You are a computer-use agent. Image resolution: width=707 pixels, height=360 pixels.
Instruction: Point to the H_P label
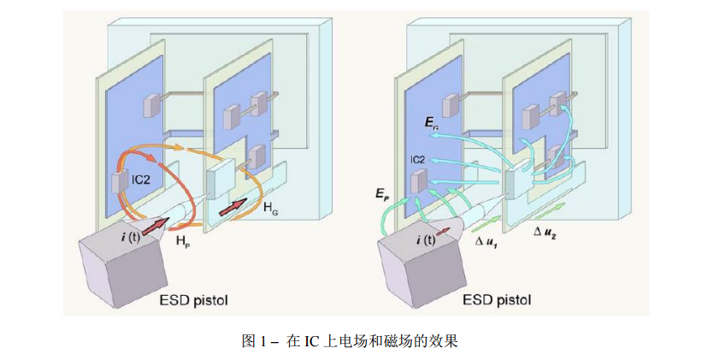tap(183, 243)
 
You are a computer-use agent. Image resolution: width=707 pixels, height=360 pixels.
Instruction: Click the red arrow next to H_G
tap(233, 207)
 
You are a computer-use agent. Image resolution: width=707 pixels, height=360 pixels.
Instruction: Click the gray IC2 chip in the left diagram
tap(118, 182)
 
